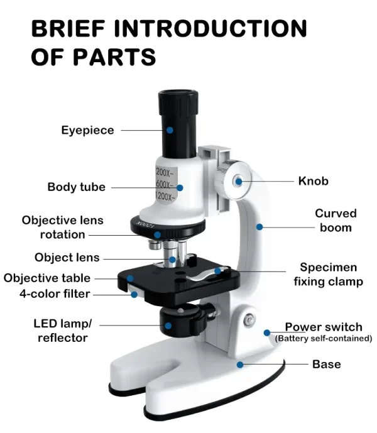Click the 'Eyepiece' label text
click(87, 131)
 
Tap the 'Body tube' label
click(76, 187)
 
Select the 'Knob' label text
click(313, 181)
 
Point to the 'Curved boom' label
click(335, 220)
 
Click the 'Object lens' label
click(67, 258)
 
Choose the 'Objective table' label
click(46, 278)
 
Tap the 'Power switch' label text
click(323, 327)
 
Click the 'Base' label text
click(326, 364)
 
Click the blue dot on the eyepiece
click(170, 130)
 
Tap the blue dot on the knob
click(238, 181)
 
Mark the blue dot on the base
click(239, 364)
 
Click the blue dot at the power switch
click(267, 332)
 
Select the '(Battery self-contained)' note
click(323, 339)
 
